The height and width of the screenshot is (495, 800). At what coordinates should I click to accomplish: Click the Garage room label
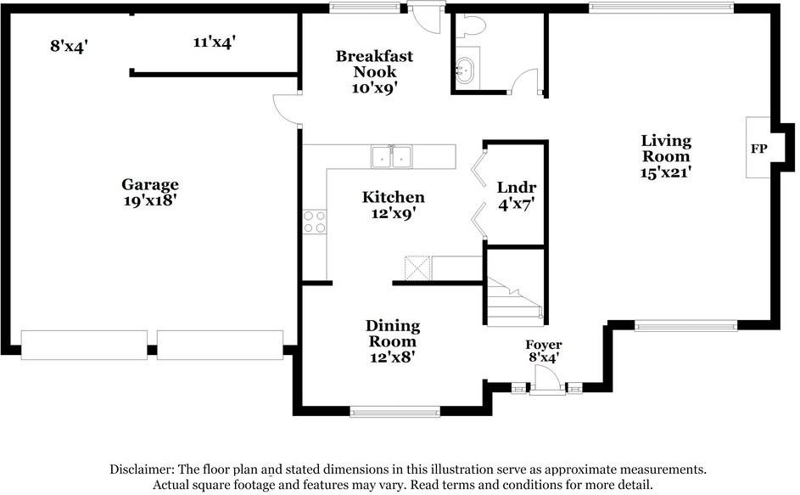click(149, 184)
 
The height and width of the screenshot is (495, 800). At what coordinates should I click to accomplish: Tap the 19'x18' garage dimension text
click(149, 200)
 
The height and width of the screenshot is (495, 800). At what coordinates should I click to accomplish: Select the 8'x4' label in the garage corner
click(70, 45)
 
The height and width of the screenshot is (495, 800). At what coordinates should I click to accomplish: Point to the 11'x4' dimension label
click(214, 41)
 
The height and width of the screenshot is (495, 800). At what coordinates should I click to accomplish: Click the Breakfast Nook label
click(374, 64)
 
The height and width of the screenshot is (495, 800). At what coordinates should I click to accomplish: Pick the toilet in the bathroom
click(469, 26)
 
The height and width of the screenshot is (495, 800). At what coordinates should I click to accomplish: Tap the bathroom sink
click(466, 69)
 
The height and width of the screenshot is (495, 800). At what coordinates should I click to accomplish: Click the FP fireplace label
click(758, 149)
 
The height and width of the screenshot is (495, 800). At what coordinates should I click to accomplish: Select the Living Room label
click(666, 149)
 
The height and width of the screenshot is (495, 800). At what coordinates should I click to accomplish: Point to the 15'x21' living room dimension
click(666, 172)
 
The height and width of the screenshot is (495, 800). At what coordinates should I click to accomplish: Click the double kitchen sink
click(391, 157)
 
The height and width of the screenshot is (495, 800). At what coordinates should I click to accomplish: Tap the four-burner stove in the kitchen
click(314, 222)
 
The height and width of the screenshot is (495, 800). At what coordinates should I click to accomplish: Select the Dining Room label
click(393, 334)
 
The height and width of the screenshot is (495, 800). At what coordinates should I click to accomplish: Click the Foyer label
click(544, 345)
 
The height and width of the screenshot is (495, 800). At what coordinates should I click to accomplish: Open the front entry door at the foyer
click(547, 385)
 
